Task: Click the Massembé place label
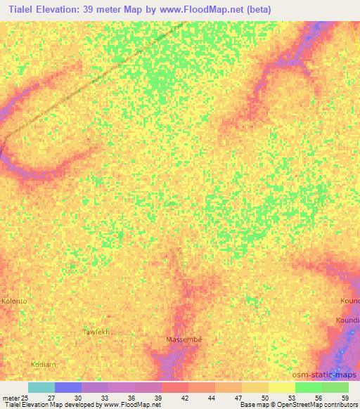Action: tap(184, 339)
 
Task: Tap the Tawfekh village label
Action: tap(97, 331)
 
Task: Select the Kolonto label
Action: tap(14, 301)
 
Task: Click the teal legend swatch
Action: tap(41, 387)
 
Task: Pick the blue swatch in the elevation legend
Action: tap(67, 387)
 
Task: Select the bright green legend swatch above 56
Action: tap(308, 387)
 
